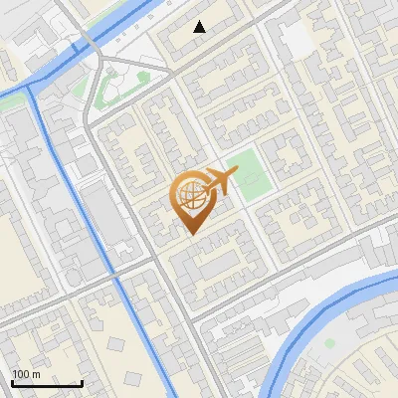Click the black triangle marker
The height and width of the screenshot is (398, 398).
point(200,27)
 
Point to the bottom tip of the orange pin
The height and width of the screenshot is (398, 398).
point(191,233)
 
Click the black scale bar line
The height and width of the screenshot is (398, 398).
point(47,384)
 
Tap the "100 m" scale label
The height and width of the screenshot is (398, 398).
point(27,374)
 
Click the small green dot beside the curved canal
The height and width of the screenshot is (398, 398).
point(329,343)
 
